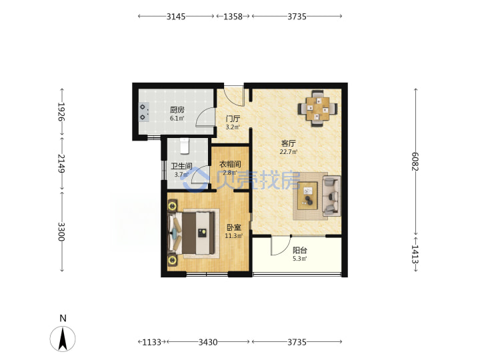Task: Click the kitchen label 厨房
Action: click(177, 109)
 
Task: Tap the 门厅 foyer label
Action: click(233, 119)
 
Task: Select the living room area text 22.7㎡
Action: click(289, 151)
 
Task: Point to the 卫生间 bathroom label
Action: click(181, 166)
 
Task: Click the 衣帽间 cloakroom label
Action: click(230, 164)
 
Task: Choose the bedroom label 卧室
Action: click(234, 227)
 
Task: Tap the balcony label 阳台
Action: click(300, 250)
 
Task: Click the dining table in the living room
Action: click(318, 109)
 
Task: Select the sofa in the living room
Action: click(331, 196)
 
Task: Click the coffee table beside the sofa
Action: click(308, 196)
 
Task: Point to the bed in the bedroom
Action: click(191, 233)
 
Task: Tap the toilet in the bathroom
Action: click(185, 146)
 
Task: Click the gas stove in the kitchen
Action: click(143, 112)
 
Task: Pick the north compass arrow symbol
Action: click(63, 339)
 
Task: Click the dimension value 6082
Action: click(415, 161)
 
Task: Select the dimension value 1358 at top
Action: click(233, 16)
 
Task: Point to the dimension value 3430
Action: click(208, 341)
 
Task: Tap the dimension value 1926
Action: click(62, 112)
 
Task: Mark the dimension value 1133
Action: click(151, 341)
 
